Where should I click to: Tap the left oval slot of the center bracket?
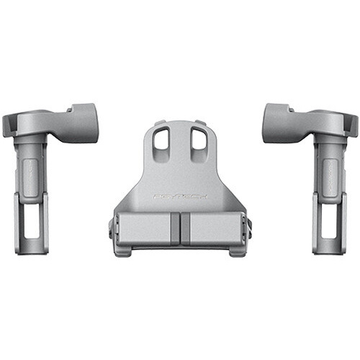tap(162, 138)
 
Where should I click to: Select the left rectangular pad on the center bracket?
tap(144, 229)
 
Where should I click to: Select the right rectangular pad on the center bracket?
tap(215, 229)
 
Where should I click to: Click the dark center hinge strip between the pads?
tap(180, 230)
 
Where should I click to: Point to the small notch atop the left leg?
tap(68, 109)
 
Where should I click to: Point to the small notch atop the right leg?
tap(292, 109)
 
